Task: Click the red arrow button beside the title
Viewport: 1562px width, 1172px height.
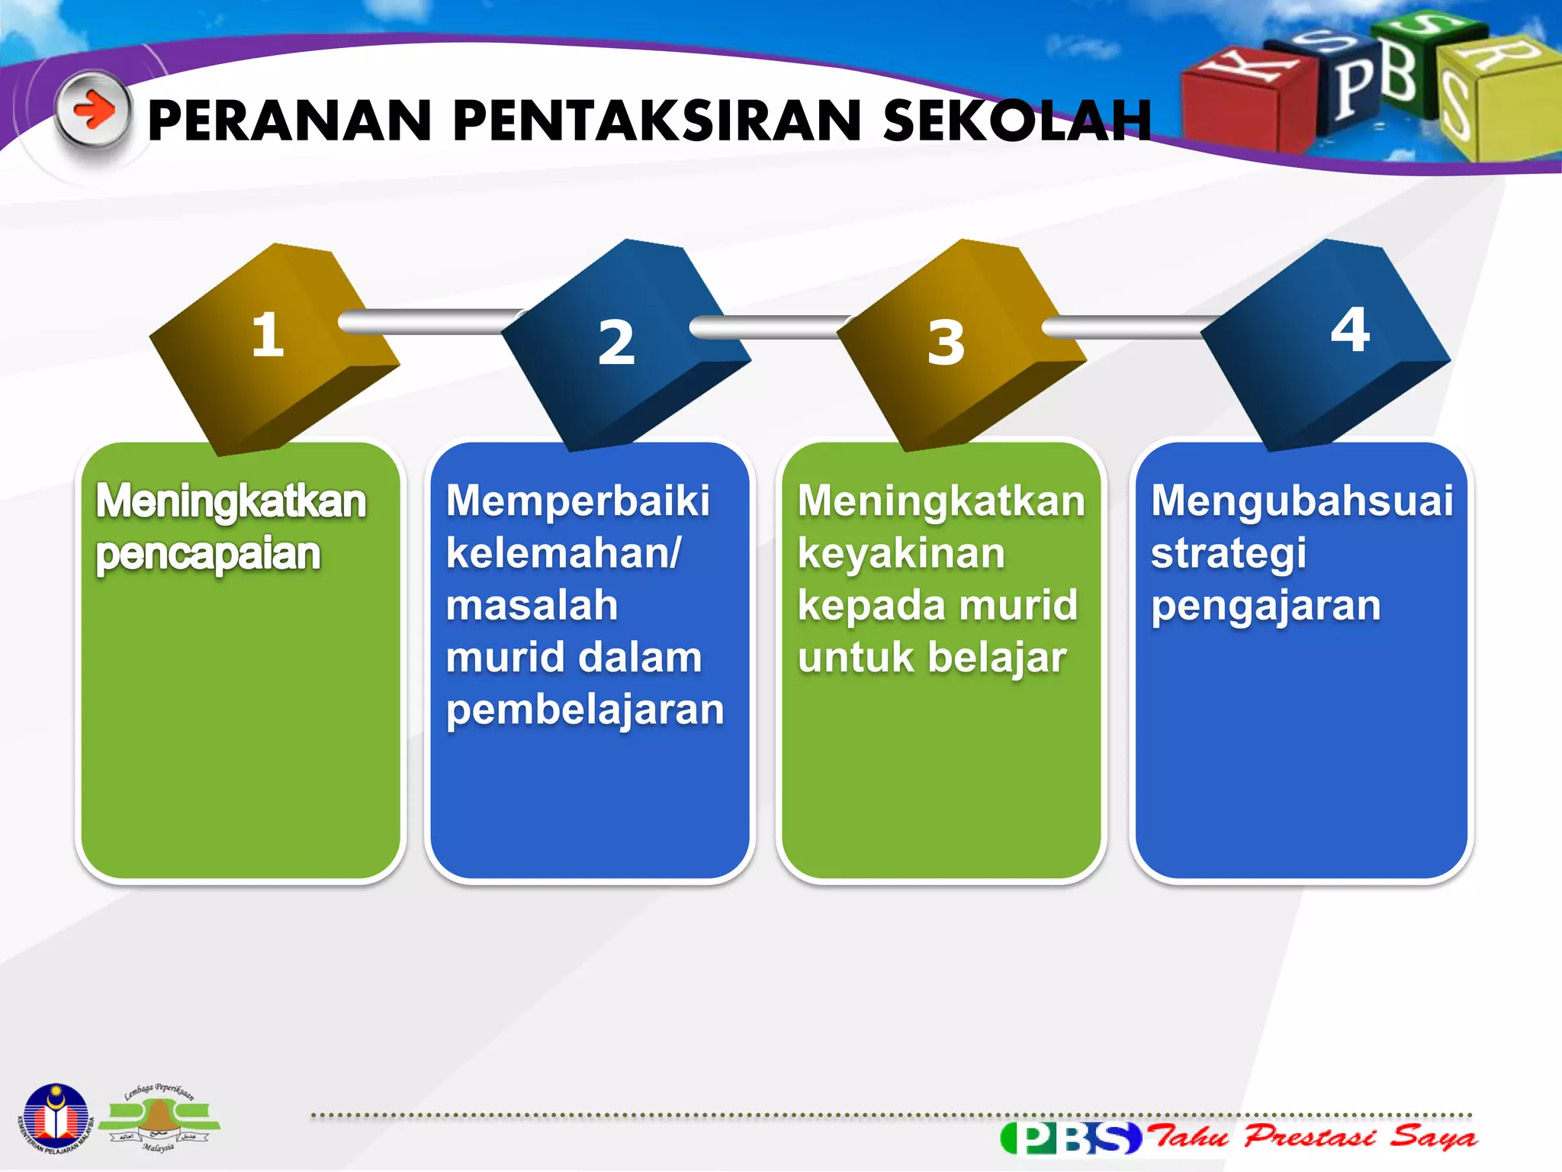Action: (94, 111)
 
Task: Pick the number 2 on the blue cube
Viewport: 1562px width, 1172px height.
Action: (616, 343)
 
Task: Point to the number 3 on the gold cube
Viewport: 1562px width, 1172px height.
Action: (946, 343)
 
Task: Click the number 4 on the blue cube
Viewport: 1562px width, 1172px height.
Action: (1350, 330)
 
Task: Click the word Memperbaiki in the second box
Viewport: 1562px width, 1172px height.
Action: (577, 501)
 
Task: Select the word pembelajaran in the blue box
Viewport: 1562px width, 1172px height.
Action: (585, 710)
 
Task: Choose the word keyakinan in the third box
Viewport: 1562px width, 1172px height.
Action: (902, 554)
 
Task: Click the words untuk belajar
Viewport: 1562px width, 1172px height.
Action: (932, 658)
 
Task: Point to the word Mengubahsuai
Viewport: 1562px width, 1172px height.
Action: (1301, 501)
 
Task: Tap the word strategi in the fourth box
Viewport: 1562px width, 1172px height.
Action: (1228, 554)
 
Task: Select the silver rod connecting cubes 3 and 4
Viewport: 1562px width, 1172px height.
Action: (1129, 327)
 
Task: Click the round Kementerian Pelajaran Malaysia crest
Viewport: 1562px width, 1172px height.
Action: (55, 1119)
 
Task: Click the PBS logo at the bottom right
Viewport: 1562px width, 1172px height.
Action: (1071, 1138)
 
